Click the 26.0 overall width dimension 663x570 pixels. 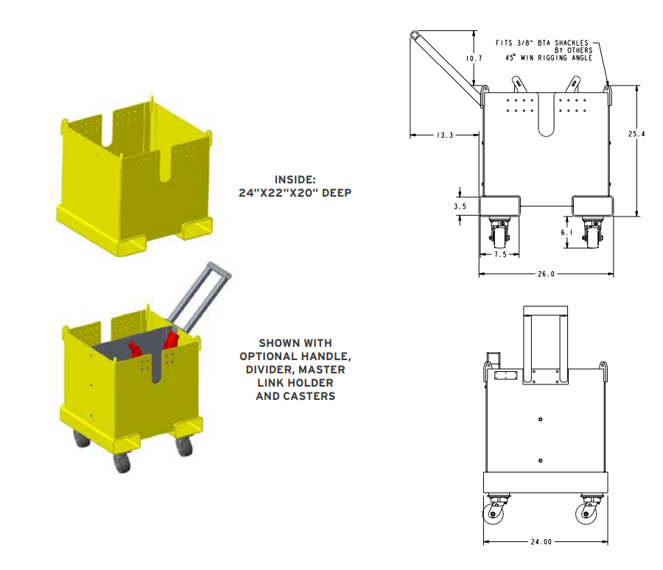click(547, 273)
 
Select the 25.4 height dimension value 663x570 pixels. click(637, 134)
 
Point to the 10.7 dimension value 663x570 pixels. click(474, 58)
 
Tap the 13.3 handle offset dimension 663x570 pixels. click(444, 135)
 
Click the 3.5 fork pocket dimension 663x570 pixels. click(460, 207)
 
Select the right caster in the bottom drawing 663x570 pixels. click(591, 510)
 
